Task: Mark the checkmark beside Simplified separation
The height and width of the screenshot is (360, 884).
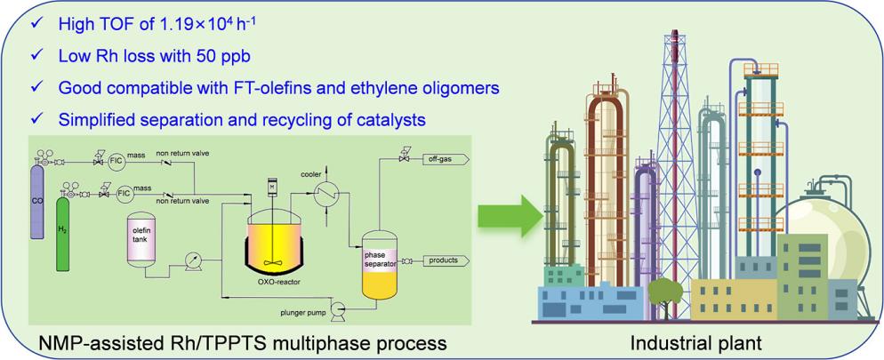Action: (35, 117)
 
